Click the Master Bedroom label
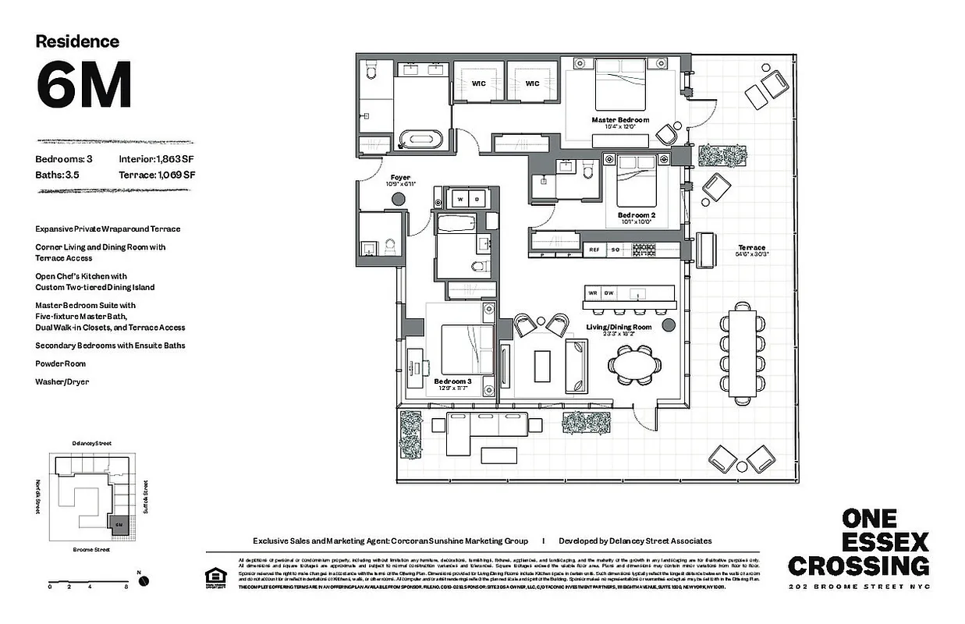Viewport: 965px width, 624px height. [619, 120]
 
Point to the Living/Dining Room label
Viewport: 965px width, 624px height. [619, 327]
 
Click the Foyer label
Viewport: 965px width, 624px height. [400, 178]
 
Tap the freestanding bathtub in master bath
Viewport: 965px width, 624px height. [420, 140]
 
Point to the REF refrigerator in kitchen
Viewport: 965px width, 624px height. [594, 250]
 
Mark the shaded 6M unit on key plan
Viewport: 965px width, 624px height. [119, 524]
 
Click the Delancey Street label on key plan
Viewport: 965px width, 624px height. [91, 443]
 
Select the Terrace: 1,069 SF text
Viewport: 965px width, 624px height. [157, 175]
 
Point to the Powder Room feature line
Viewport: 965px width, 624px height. [60, 363]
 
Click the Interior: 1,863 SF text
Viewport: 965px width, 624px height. [157, 159]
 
